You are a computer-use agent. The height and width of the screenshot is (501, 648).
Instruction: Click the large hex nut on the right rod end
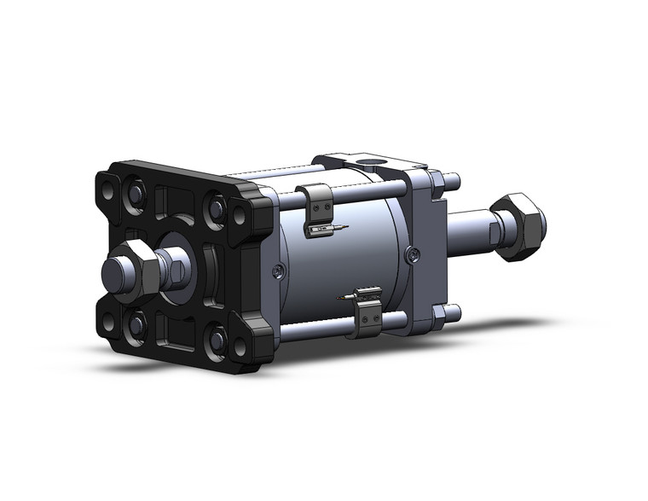(518, 226)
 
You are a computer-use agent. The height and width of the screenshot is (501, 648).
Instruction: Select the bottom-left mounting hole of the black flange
(108, 322)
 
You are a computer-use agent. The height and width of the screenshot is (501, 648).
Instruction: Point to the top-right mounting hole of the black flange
(240, 218)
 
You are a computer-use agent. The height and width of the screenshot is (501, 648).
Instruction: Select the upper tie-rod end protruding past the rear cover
(452, 181)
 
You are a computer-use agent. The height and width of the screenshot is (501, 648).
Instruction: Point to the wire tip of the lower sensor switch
(341, 297)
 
